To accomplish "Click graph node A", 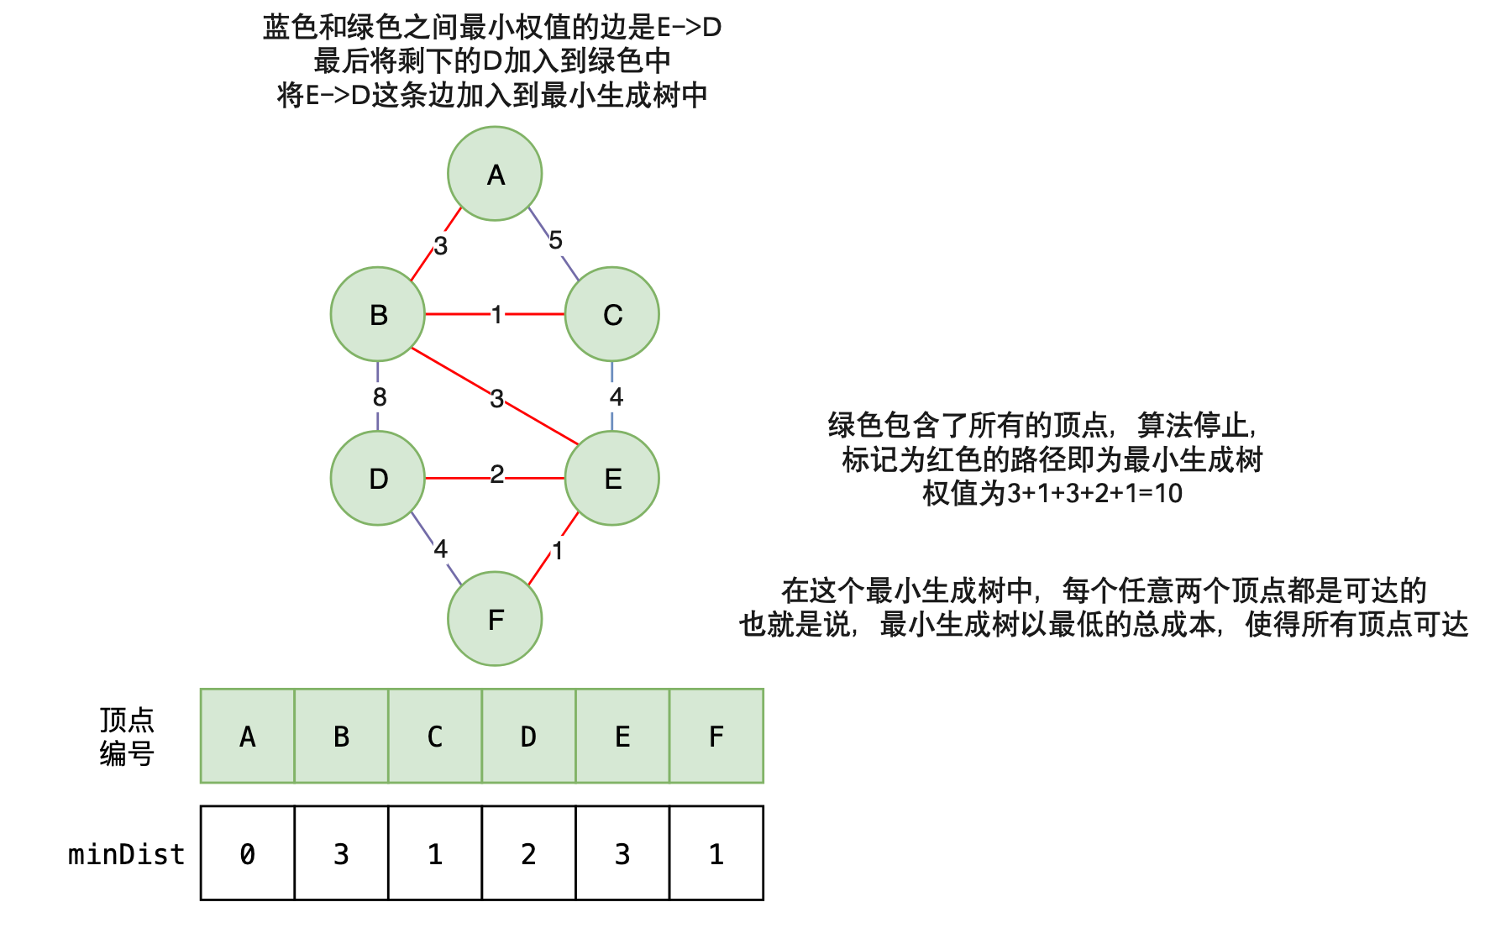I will click(x=495, y=174).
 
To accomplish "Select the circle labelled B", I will click(x=378, y=314).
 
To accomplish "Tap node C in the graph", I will click(x=612, y=314).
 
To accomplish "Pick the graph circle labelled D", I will click(x=378, y=478).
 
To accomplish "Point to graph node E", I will click(x=612, y=478).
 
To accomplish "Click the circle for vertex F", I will click(x=495, y=619).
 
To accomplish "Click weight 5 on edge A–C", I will click(x=555, y=240).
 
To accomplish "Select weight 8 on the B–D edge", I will click(x=380, y=396).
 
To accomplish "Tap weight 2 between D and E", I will click(x=497, y=475).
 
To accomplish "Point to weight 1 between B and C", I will click(x=496, y=314).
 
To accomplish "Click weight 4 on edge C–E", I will click(x=617, y=396).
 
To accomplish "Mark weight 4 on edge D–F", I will click(x=440, y=549).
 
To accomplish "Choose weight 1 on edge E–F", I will click(x=557, y=551).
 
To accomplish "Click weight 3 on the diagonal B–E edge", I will click(x=497, y=398).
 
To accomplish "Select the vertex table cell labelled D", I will click(x=528, y=737).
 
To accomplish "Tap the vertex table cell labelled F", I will click(x=716, y=737).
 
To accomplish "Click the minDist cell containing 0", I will click(x=248, y=854).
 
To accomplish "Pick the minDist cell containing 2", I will click(x=528, y=854).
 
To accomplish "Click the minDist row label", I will click(x=126, y=854).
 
